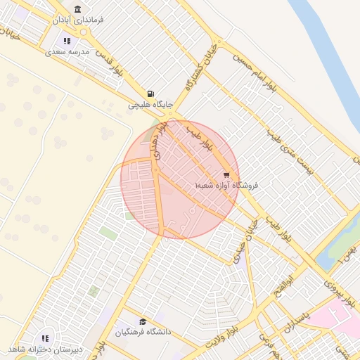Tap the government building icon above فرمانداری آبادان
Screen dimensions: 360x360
[x=77, y=9]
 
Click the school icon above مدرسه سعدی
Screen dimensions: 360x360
[x=67, y=41]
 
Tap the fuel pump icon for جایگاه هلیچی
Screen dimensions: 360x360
[x=150, y=94]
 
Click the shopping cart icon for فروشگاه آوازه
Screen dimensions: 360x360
[x=226, y=174]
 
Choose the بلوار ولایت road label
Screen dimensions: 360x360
[x=224, y=338]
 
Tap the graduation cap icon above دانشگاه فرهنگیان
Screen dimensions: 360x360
[x=143, y=321]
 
